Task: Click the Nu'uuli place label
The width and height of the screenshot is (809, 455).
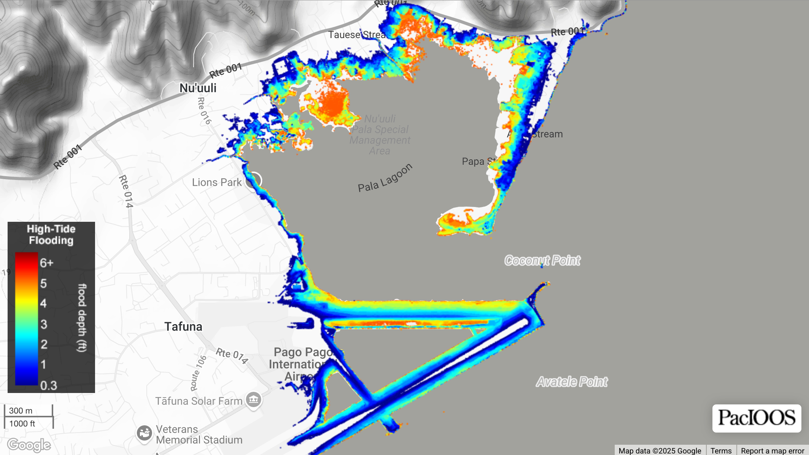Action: (198, 88)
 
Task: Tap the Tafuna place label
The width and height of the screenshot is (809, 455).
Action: (183, 326)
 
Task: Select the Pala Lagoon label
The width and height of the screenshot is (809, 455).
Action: (385, 178)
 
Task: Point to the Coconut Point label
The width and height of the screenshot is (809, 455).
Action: (542, 261)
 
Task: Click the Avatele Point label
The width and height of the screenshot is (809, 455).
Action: (571, 382)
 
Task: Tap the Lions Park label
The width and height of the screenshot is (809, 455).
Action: (217, 183)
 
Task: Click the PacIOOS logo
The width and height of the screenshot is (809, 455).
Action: (757, 418)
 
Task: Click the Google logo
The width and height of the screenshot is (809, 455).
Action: (29, 445)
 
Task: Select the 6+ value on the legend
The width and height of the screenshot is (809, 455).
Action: (46, 263)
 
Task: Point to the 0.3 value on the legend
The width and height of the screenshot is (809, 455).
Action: (49, 385)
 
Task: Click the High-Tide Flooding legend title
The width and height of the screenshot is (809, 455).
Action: (51, 235)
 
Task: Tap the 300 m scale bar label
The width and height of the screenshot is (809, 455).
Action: (21, 411)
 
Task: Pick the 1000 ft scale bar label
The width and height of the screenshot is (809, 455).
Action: (22, 423)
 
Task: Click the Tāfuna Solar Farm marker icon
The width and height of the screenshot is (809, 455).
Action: (254, 400)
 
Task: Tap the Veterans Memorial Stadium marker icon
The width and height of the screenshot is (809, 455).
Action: (144, 433)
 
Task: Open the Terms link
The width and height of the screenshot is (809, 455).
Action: (721, 451)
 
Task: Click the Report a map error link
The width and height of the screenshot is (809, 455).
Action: (773, 451)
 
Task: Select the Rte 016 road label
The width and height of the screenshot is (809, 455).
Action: (204, 111)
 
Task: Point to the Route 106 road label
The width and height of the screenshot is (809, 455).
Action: (198, 373)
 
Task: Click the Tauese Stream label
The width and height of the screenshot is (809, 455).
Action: (357, 35)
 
